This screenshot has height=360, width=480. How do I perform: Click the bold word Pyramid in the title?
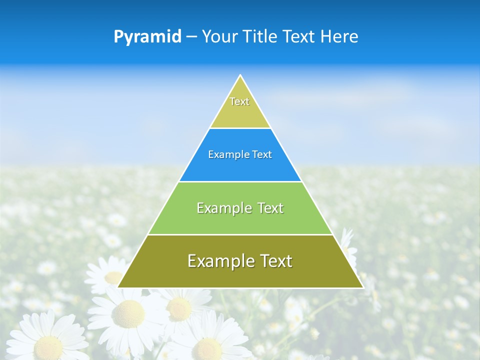pyautogui.click(x=147, y=36)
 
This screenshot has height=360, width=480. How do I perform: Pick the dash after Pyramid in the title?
pyautogui.click(x=191, y=37)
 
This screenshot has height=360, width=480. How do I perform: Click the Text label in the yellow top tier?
pyautogui.click(x=239, y=101)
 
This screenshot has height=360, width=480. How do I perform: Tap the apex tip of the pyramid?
pyautogui.click(x=240, y=76)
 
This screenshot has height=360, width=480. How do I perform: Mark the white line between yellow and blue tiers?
pyautogui.click(x=240, y=128)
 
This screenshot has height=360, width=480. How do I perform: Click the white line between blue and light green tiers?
pyautogui.click(x=240, y=181)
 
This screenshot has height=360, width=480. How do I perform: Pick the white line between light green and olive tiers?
pyautogui.click(x=240, y=234)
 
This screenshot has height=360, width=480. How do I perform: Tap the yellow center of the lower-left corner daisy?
pyautogui.click(x=48, y=345)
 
